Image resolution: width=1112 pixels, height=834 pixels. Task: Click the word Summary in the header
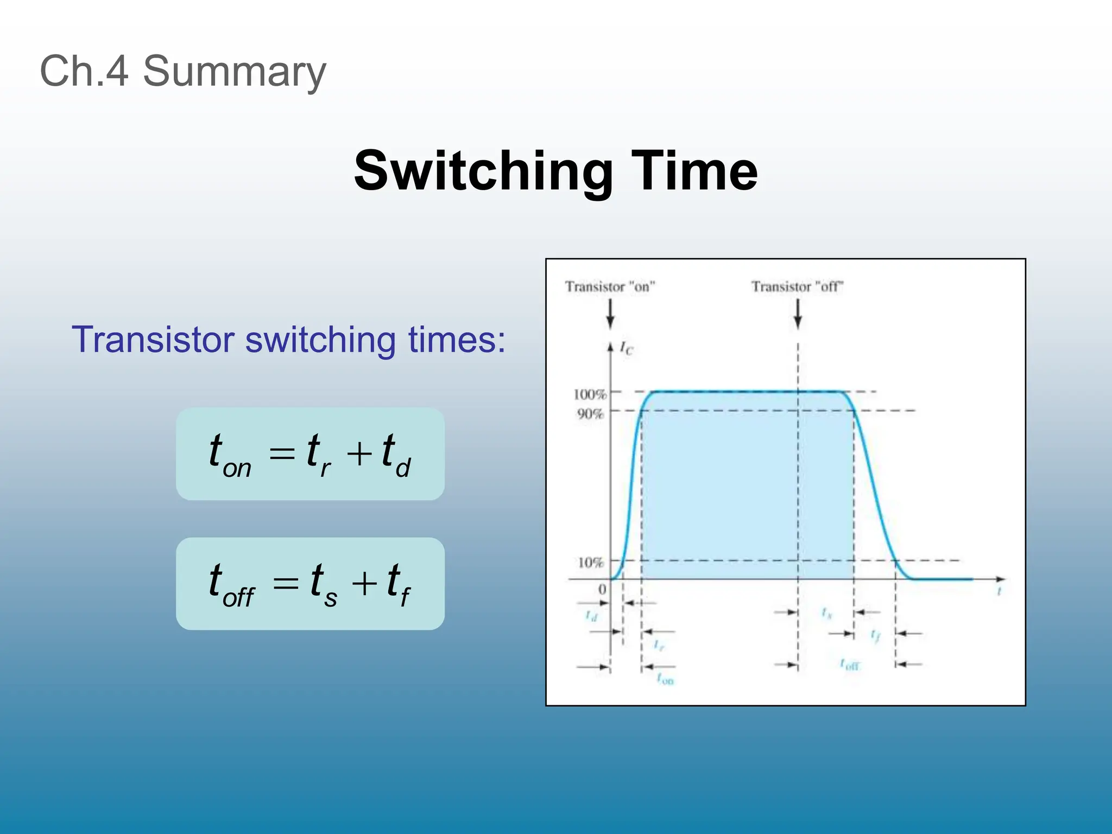coord(234,72)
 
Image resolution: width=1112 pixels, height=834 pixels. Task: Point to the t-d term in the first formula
coord(396,455)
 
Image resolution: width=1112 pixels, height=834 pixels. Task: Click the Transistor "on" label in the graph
coord(610,287)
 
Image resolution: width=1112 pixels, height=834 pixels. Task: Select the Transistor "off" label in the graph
coord(797,287)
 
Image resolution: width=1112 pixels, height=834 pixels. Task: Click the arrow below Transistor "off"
coord(798,314)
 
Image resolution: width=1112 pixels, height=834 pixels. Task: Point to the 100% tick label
coord(589,394)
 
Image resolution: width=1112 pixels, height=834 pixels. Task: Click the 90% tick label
coord(590,414)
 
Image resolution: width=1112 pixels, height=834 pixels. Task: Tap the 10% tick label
coord(590,563)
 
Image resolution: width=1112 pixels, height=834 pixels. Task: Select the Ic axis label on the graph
coord(626,348)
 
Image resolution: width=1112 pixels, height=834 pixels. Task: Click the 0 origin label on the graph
coord(602,590)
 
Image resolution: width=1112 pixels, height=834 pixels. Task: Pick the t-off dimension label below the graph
coord(849,664)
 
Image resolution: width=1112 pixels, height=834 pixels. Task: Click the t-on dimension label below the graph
coord(665,678)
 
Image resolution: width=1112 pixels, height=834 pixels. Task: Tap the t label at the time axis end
coord(999,592)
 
